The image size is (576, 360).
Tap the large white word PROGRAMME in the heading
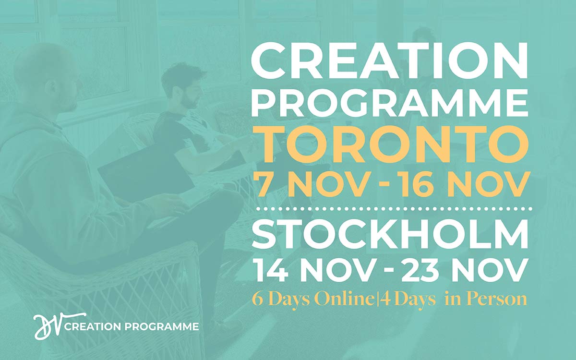(x=389, y=104)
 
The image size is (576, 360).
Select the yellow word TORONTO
(x=389, y=145)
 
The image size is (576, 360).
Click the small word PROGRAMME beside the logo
(x=162, y=327)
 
